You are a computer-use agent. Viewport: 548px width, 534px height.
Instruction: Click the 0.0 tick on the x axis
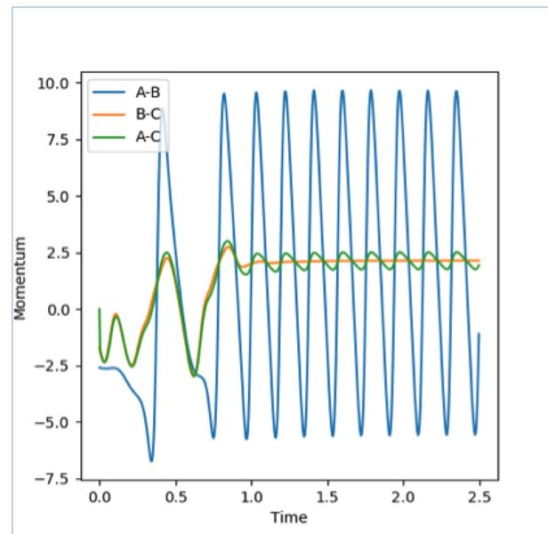100,493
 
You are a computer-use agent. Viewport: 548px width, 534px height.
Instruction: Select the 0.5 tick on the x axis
175,493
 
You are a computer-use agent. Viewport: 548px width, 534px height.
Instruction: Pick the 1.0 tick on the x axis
252,493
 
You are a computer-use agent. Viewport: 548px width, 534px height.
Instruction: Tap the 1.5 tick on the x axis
327,493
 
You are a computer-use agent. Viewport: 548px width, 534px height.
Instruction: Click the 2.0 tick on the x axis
404,493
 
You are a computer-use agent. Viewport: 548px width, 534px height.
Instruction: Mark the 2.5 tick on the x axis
479,493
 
